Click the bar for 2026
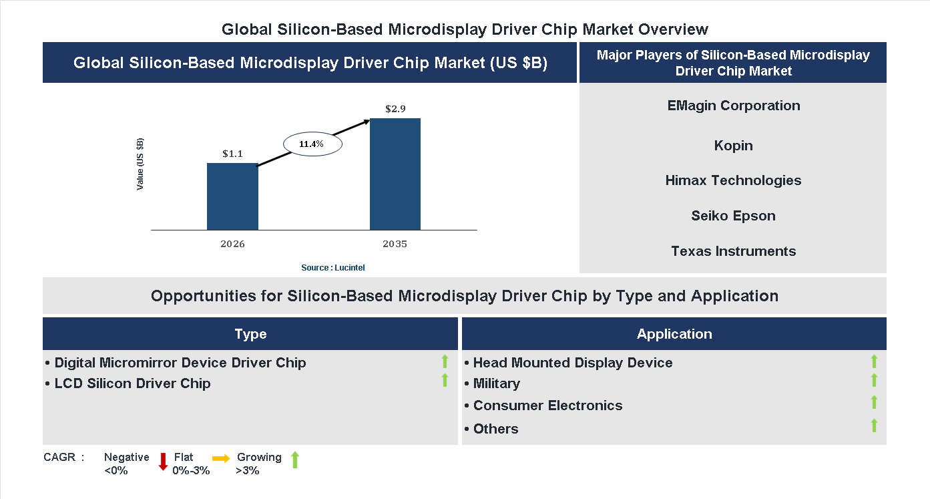click(232, 196)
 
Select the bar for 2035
click(395, 174)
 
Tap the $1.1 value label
click(232, 154)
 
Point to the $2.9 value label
click(395, 108)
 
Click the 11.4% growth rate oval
click(312, 144)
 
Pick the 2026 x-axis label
click(232, 244)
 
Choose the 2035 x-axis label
click(395, 244)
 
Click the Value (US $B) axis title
click(140, 164)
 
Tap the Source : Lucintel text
click(332, 267)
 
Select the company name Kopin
click(733, 146)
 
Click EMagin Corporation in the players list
click(733, 106)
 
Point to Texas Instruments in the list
click(733, 251)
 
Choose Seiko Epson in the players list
click(733, 216)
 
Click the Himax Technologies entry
click(733, 180)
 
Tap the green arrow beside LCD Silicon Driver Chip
click(445, 381)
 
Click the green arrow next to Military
click(874, 381)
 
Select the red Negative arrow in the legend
click(163, 462)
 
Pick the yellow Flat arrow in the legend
click(221, 458)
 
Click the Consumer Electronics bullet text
click(547, 405)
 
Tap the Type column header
click(250, 334)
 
